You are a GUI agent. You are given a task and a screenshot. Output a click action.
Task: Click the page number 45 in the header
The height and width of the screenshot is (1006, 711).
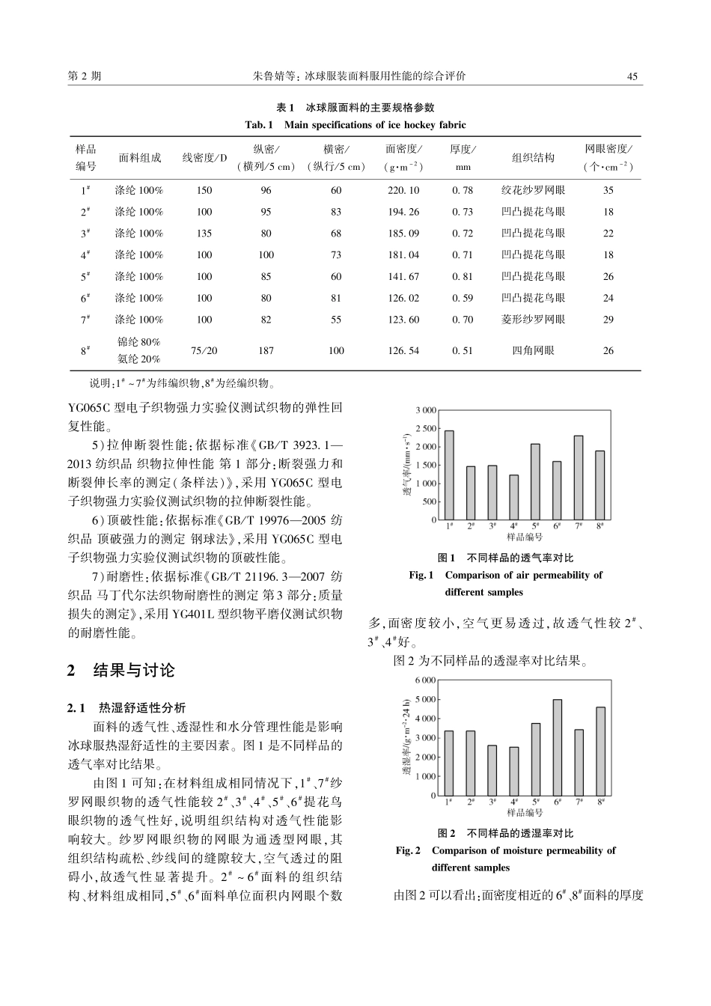coord(632,76)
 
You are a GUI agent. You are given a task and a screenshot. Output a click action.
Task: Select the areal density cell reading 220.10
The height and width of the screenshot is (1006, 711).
coord(403,190)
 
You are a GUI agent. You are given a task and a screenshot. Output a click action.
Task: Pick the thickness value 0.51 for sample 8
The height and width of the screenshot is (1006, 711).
coord(463,350)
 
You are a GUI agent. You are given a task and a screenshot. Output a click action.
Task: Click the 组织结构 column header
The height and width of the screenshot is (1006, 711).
coord(533,158)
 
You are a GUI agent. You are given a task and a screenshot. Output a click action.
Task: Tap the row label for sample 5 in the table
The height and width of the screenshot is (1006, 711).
coord(85,276)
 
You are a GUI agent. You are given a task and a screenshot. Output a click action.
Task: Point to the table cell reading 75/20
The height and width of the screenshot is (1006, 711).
coord(204,350)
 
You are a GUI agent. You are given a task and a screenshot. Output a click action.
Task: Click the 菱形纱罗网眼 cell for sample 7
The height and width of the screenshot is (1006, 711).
coord(533,320)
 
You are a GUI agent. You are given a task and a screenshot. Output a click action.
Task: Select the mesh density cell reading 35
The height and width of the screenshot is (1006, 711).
coord(608,190)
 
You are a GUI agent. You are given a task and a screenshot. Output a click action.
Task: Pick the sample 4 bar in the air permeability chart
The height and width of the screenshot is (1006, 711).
coord(513,497)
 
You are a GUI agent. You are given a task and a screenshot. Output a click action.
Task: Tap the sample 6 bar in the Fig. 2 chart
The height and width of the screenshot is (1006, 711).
coord(557,747)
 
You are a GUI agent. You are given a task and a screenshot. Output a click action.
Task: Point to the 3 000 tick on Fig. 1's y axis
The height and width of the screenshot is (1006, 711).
coord(425,410)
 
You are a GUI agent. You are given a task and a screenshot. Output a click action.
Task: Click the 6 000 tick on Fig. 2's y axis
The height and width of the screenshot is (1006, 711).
coord(424,680)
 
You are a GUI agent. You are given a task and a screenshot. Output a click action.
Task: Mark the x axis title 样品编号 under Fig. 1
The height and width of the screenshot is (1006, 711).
coord(525,537)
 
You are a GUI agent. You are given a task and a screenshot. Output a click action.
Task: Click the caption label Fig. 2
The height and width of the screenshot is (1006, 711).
coord(408,850)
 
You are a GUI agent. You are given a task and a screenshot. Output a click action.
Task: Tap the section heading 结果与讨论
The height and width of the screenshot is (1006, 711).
coord(133,670)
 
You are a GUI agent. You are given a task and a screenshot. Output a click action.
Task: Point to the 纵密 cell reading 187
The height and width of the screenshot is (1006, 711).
coord(266,350)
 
